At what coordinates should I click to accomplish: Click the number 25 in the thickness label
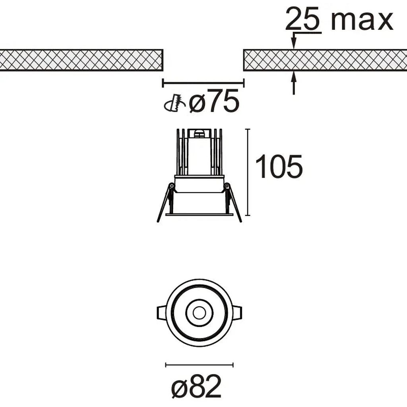(303, 20)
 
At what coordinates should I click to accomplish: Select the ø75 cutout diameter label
(214, 102)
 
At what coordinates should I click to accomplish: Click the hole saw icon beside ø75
(175, 104)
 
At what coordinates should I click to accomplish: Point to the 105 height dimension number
(279, 167)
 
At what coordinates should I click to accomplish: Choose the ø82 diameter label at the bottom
(196, 386)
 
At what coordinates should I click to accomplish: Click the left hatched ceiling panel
(81, 60)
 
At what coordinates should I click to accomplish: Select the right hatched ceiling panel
(325, 60)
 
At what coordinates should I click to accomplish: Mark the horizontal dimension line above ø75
(203, 83)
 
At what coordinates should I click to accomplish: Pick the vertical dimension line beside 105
(248, 172)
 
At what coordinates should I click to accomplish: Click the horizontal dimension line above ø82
(199, 364)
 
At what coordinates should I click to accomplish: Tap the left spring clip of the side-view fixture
(165, 203)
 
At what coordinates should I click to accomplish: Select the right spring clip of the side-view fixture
(233, 203)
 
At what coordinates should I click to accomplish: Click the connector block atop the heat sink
(199, 133)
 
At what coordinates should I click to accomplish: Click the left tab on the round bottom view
(161, 312)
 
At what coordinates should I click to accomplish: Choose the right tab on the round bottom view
(236, 312)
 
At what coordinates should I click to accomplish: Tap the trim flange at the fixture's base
(199, 215)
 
